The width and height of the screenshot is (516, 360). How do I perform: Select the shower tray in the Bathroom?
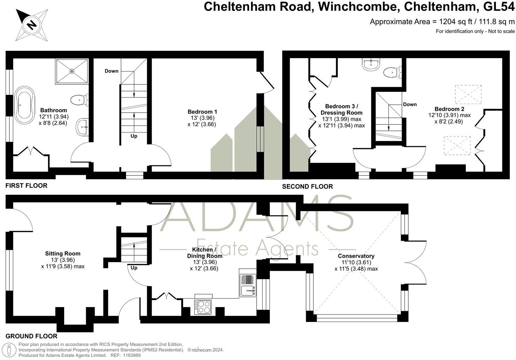point(72,71)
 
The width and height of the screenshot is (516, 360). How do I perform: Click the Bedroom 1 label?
point(202,112)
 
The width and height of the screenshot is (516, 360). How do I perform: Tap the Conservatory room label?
point(356,256)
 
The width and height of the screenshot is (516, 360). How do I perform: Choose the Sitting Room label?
point(63,254)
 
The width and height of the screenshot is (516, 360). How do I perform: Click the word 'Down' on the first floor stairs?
point(112,71)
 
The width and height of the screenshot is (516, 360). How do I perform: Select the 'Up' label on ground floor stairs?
point(134,268)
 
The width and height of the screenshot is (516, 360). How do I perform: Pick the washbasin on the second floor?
point(371,64)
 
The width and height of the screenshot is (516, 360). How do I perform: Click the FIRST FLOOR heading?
point(26,186)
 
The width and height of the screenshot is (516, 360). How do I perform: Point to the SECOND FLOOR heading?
point(308,187)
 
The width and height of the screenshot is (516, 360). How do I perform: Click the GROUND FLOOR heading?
point(31,336)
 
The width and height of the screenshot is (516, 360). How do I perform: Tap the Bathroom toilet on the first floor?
point(78,100)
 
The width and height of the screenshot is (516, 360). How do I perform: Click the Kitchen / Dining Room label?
point(207,253)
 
